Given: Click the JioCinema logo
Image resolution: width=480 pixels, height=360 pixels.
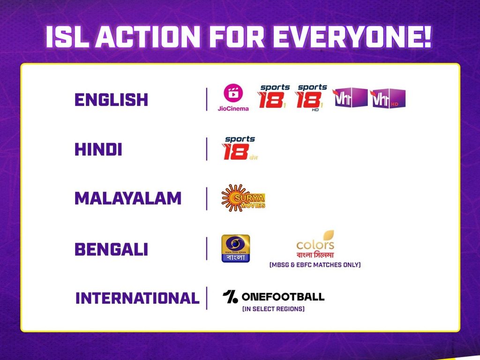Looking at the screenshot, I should coord(233,97).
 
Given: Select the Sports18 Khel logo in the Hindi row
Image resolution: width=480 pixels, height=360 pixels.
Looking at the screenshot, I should coord(240,148).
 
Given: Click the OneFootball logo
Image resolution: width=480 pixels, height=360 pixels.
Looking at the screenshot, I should coord(273,297).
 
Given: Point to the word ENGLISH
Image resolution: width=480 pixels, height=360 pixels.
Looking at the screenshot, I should coord(111,99).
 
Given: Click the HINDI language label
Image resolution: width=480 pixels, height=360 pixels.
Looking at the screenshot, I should coord(98,150).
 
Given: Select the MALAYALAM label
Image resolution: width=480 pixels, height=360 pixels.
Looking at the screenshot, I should coord(127,199).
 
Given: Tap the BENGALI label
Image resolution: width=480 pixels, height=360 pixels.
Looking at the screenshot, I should coord(111,249).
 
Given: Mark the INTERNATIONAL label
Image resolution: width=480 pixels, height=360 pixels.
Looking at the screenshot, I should coord(137,298).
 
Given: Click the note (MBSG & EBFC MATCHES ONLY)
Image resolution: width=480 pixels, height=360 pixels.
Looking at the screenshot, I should coord(315,265).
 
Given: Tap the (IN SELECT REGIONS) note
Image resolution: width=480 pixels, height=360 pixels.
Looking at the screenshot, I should coord(273,309).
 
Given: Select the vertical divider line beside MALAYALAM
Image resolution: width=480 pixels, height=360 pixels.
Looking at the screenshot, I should coord(206,199).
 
